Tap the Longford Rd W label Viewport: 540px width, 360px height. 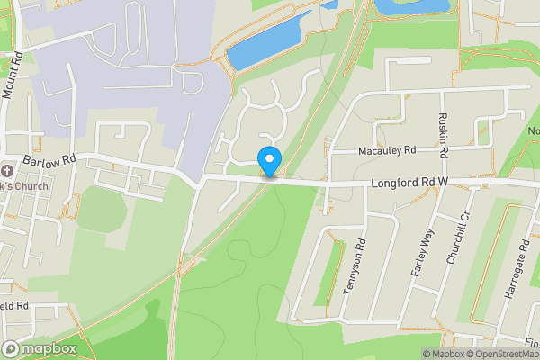tap(409, 183)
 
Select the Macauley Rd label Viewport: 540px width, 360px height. tap(386, 150)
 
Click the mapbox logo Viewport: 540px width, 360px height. tap(40, 349)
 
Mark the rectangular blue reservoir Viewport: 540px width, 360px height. tap(265, 46)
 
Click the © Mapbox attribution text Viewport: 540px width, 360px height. tap(445, 354)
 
